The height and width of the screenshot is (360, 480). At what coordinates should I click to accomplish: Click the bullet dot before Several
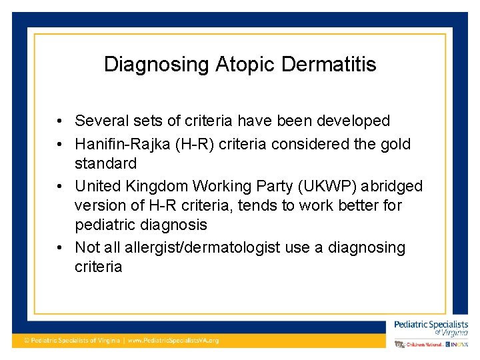point(60,121)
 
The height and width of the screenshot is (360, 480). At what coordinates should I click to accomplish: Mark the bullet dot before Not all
point(60,248)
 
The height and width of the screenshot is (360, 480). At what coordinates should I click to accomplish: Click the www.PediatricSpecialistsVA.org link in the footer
point(173,340)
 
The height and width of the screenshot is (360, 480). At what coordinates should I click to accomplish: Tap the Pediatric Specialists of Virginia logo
point(431,327)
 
